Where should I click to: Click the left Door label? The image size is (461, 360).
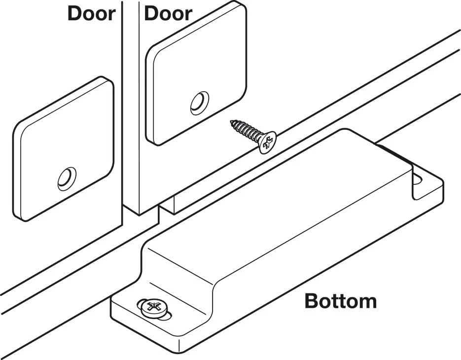[91, 13]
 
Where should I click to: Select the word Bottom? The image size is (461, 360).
[340, 300]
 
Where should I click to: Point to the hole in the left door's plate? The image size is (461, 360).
[67, 178]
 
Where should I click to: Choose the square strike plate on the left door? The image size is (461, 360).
[64, 148]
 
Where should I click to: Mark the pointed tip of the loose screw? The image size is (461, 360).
[232, 122]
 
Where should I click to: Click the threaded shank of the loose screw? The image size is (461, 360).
[247, 131]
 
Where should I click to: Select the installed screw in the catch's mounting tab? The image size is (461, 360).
[151, 307]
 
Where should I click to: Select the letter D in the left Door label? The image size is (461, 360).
[74, 13]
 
